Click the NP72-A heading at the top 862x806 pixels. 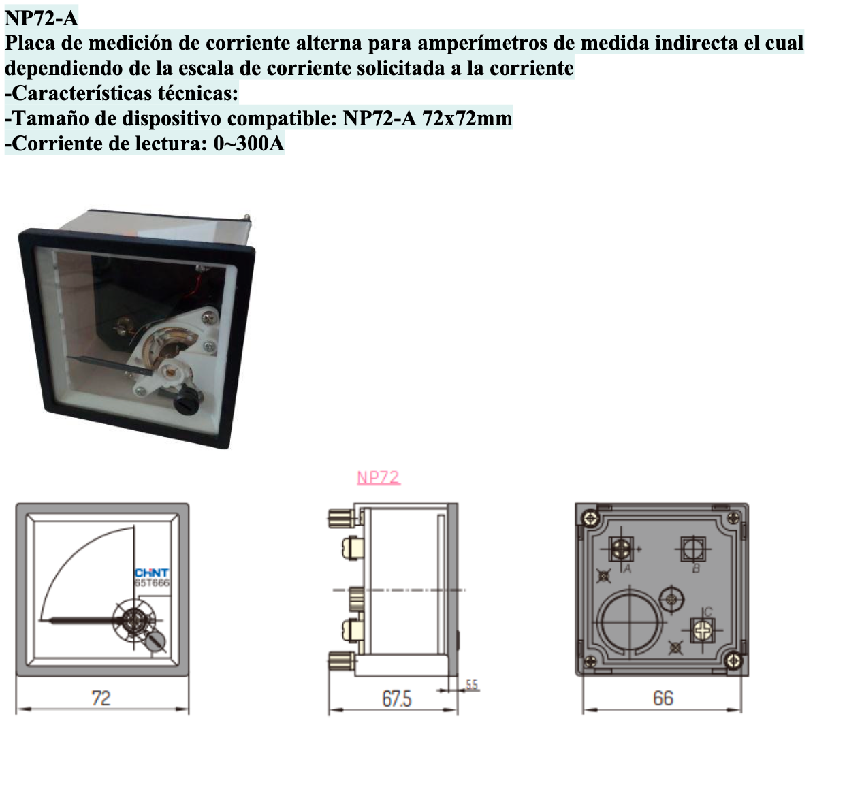[x=41, y=18]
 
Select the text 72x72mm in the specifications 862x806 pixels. [x=466, y=118]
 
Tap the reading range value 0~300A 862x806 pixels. [x=249, y=144]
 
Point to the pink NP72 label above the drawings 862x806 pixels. [x=379, y=478]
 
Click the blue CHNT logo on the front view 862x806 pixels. [x=152, y=573]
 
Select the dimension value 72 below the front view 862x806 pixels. [x=101, y=698]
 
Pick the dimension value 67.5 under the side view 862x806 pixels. [x=396, y=698]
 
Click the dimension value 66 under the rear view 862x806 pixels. [x=663, y=698]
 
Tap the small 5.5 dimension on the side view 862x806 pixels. [x=472, y=685]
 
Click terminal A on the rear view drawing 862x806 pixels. [x=620, y=549]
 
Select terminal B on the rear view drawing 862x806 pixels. [x=693, y=549]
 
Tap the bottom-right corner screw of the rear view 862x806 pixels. [x=733, y=660]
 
